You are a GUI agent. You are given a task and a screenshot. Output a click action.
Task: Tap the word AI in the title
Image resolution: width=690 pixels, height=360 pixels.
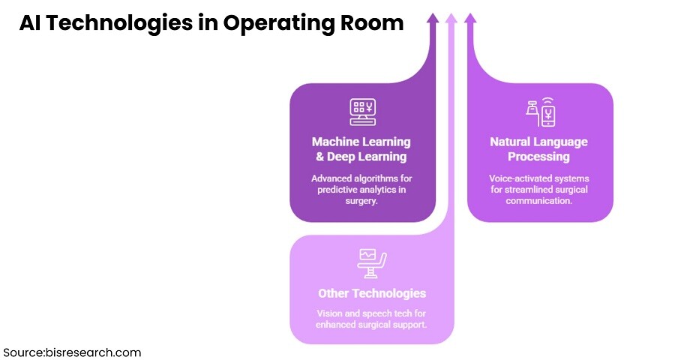(29, 23)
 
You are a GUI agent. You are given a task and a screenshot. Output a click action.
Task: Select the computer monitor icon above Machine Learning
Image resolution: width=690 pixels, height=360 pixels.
(362, 112)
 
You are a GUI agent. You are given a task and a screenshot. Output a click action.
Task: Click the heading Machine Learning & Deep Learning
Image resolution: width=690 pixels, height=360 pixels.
(361, 149)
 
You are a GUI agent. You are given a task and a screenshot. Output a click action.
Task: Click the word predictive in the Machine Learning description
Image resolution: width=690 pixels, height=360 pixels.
(332, 190)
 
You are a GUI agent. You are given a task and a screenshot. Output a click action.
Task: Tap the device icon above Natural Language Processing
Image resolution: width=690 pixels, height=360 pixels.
(539, 112)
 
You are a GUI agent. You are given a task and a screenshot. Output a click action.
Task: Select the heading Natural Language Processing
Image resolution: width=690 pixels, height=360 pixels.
(538, 149)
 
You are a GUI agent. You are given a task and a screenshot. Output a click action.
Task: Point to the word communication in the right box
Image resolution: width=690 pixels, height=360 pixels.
(538, 202)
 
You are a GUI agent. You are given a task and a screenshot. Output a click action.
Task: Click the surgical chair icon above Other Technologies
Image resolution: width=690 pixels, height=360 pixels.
(372, 262)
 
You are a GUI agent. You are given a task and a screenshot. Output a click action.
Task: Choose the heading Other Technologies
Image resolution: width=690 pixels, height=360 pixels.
(372, 293)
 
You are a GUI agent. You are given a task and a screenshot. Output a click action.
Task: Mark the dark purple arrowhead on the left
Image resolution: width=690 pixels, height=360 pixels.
(433, 19)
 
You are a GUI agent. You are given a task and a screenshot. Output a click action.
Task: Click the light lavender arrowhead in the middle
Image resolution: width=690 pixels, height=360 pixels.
(451, 19)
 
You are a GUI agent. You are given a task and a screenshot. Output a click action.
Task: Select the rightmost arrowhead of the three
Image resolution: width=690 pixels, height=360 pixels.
(469, 19)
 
